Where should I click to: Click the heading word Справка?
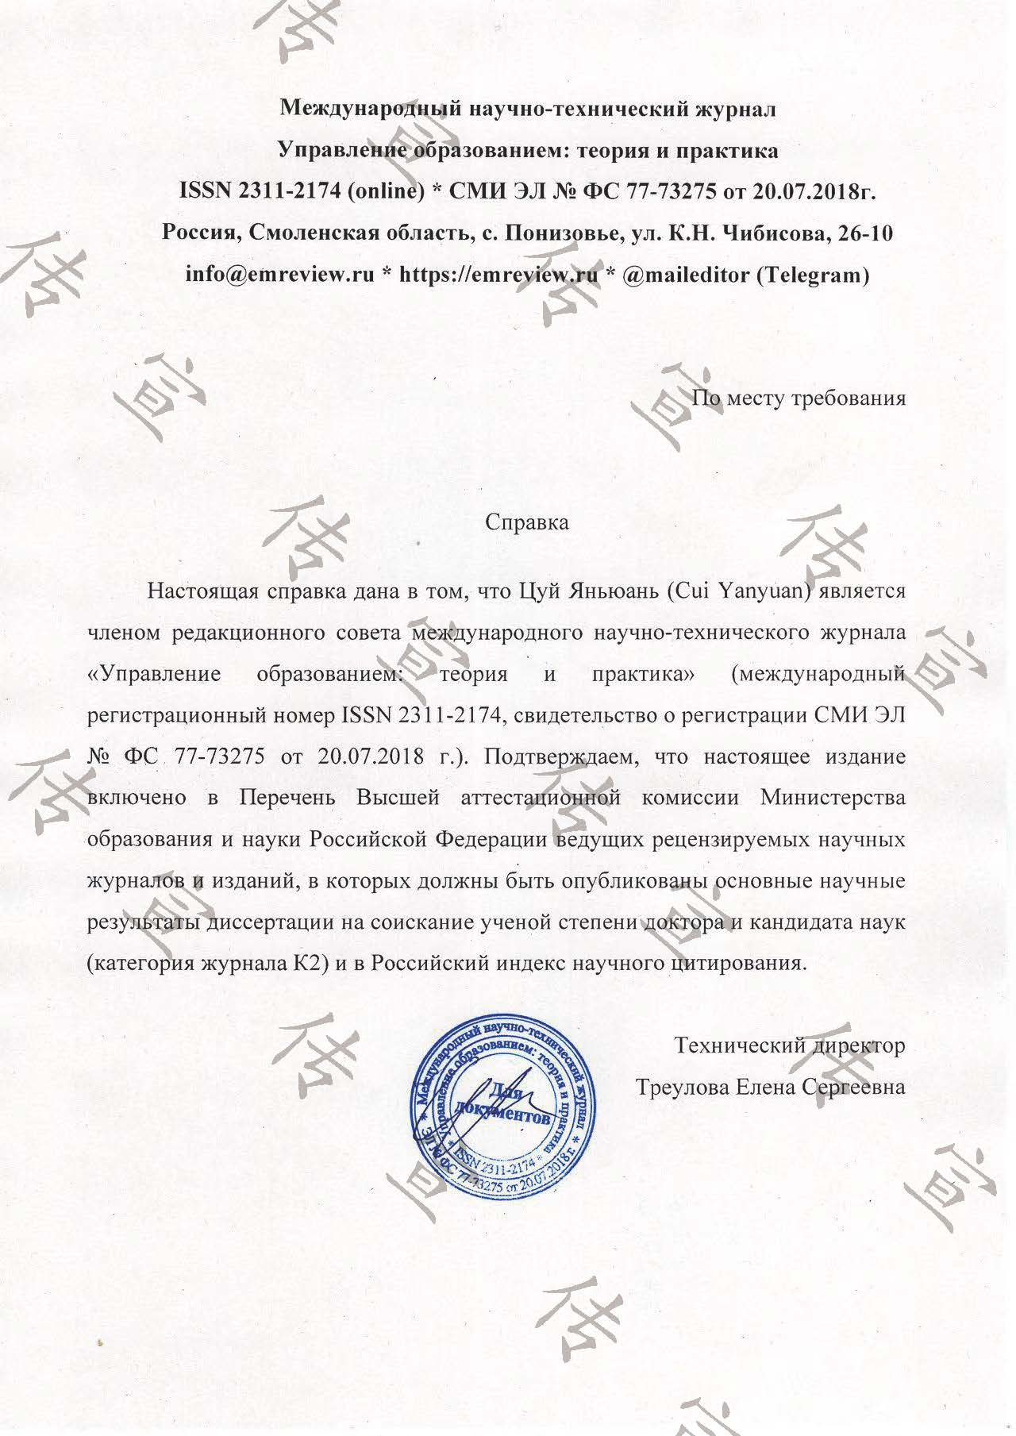(x=526, y=522)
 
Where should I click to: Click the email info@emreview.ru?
(x=279, y=275)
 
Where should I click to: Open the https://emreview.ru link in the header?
(x=498, y=275)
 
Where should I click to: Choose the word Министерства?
(x=833, y=797)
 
